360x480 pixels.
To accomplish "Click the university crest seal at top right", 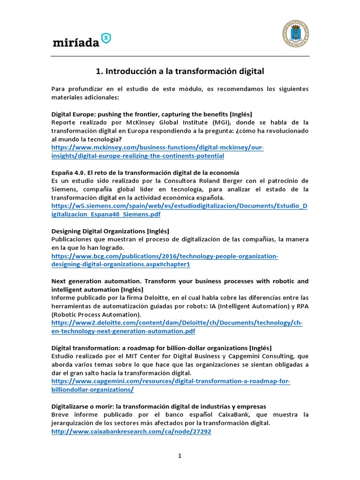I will [295, 33].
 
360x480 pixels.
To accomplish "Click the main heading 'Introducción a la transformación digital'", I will [180, 71].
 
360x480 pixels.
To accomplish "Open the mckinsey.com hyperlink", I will [157, 152].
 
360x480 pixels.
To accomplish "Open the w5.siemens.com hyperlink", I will [179, 210].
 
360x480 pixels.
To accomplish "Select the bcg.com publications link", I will [165, 260].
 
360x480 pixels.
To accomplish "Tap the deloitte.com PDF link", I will [177, 327].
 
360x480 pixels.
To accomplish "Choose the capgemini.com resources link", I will [171, 385].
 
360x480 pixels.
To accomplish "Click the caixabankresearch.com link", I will [131, 432].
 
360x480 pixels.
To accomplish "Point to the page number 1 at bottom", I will [180, 456].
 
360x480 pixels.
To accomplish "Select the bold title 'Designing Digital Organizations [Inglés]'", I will [110, 231].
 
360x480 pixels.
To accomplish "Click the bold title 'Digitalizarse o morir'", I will [158, 405].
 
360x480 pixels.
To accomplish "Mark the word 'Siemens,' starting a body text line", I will [66, 189].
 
